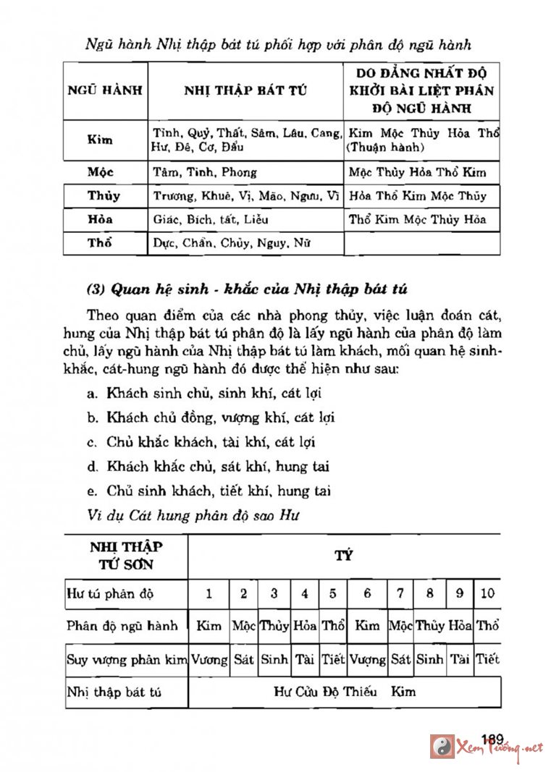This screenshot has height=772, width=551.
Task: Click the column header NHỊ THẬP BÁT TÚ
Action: click(245, 91)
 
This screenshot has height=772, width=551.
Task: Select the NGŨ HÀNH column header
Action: click(104, 91)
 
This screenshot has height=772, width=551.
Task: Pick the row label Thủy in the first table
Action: click(104, 196)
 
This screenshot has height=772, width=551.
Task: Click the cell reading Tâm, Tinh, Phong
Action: click(205, 173)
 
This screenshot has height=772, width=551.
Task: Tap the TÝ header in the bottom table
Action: click(343, 556)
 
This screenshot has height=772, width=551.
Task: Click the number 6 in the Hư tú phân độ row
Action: click(368, 594)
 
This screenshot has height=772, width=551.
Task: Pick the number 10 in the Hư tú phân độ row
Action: click(487, 594)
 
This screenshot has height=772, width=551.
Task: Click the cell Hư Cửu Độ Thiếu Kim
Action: click(345, 692)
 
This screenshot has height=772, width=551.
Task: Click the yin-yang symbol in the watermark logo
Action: click(442, 747)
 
